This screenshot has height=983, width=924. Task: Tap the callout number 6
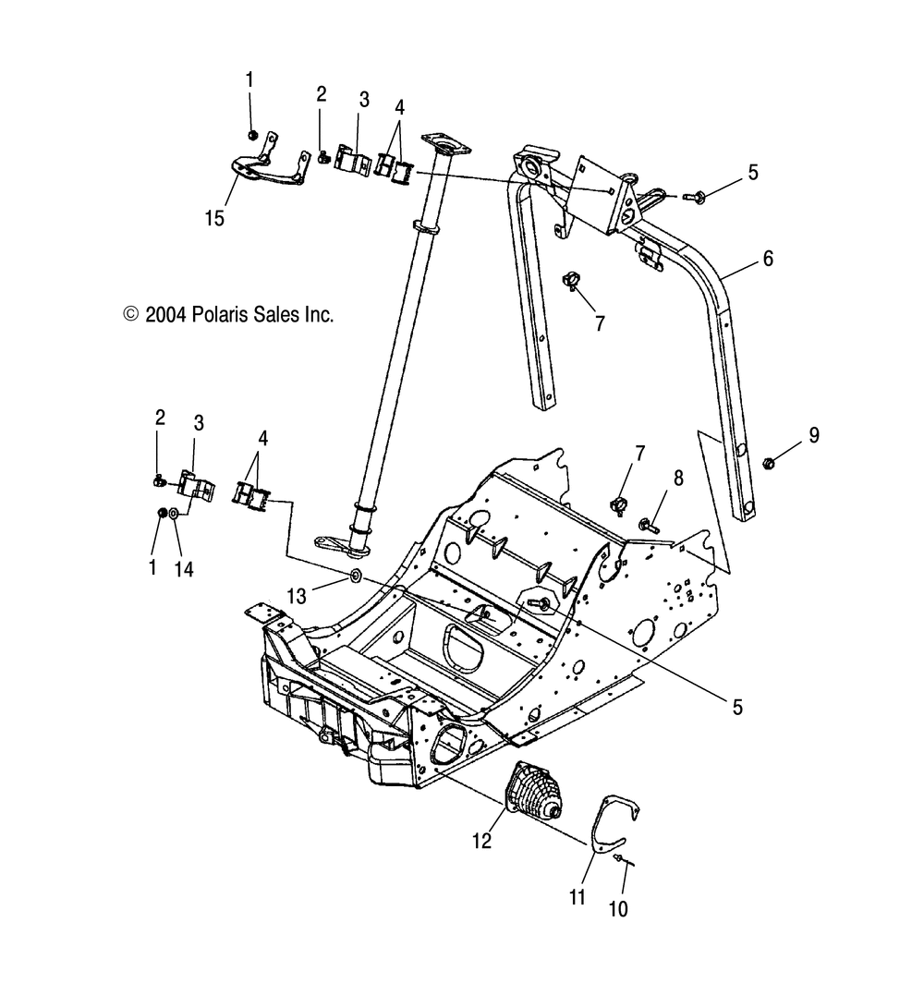coord(767,259)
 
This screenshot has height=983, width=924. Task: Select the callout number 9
coord(813,435)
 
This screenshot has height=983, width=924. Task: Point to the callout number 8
coord(679,479)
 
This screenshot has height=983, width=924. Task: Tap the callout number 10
coord(618,908)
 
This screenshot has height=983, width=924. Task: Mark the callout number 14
coord(185,568)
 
